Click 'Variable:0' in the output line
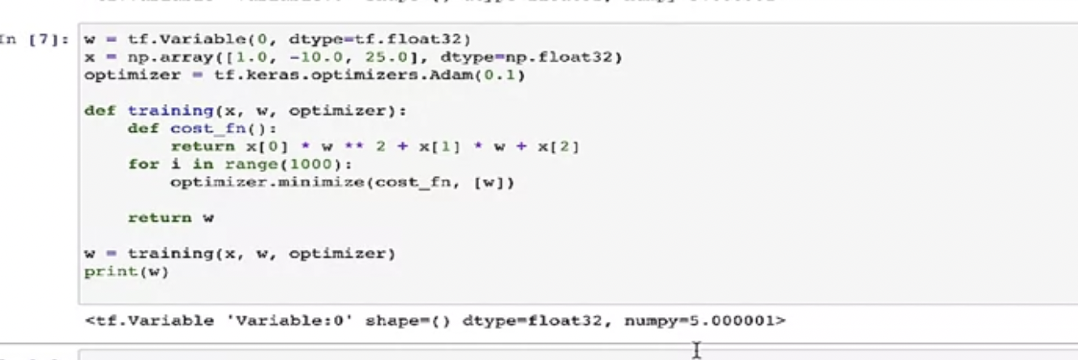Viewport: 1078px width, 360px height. tap(225, 320)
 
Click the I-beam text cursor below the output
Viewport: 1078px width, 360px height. tap(695, 349)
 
